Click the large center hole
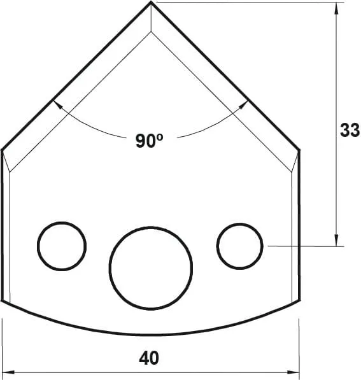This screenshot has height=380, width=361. pos(151,265)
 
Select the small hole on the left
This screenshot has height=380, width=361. pos(62,246)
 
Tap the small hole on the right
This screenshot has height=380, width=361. pos(240,246)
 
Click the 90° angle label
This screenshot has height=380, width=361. pos(149,141)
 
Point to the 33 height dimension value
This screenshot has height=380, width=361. pos(350,130)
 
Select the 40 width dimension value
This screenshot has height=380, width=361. pos(149,358)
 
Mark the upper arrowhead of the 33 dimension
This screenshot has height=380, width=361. pos(336,7)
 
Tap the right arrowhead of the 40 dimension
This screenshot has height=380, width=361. pos(295,372)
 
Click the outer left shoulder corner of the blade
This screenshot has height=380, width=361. pos(3,151)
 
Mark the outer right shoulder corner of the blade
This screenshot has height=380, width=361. pos(300,151)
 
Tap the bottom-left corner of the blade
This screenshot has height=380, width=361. pos(3,300)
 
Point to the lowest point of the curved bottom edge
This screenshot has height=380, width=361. pos(151,335)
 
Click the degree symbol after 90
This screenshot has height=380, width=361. pos(161,137)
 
